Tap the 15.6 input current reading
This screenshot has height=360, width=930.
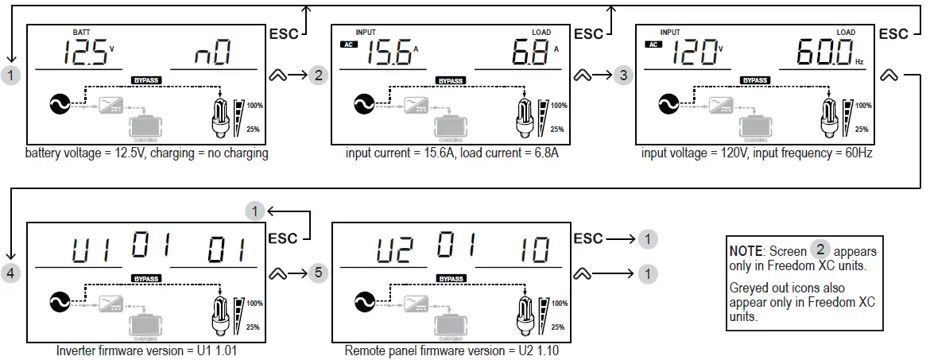[x=389, y=54]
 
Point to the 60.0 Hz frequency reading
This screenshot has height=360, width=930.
[x=827, y=54]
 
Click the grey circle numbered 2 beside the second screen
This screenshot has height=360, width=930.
[x=319, y=75]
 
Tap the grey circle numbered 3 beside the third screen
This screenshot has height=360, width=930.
[x=624, y=75]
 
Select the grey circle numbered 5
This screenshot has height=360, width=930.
[x=317, y=273]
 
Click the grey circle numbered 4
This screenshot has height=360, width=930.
[x=11, y=273]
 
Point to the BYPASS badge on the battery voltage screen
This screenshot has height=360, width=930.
[x=146, y=80]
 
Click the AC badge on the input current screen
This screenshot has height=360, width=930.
[x=347, y=45]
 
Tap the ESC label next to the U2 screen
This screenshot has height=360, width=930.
[x=588, y=238]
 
